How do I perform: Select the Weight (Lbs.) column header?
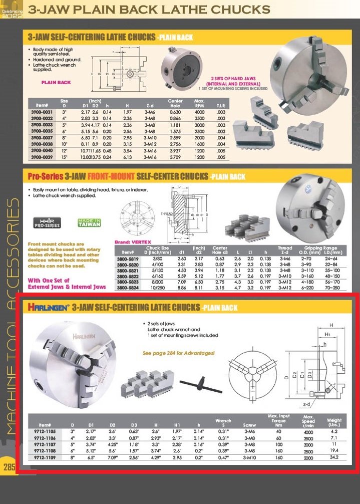333,423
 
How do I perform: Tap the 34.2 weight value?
333,457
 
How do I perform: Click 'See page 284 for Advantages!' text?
178,353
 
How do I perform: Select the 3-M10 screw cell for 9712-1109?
249,457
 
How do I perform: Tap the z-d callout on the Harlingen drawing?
307,404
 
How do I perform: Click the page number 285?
9,467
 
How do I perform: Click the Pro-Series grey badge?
47,223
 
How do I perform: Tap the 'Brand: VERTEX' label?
130,241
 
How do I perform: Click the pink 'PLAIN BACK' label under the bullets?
56,82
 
